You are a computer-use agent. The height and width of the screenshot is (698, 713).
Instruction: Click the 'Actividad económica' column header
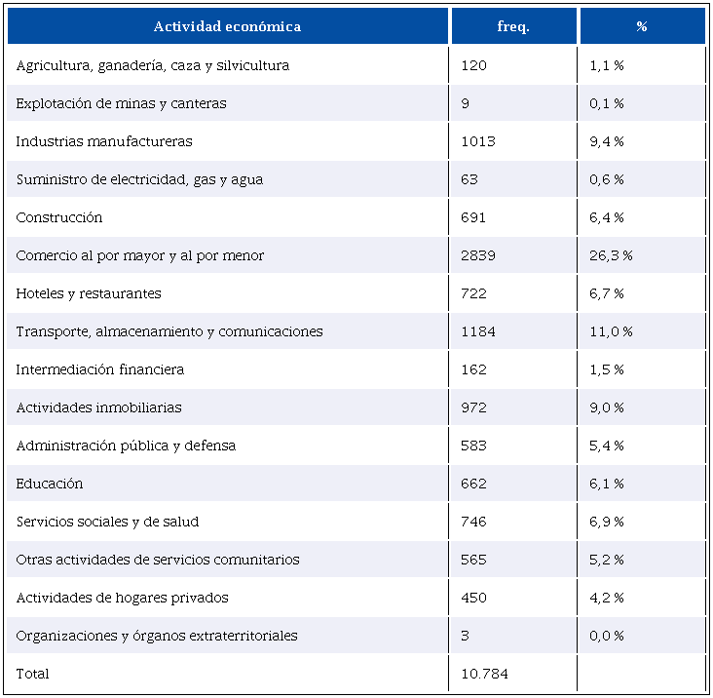(227, 26)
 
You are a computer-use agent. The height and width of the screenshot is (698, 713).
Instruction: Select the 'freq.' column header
(513, 26)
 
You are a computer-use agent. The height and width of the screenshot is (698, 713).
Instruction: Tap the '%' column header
(642, 26)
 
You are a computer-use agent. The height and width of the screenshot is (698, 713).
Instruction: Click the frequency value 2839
(478, 255)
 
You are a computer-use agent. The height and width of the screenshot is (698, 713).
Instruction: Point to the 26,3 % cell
(611, 255)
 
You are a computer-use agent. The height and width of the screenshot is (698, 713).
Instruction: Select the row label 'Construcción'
(59, 217)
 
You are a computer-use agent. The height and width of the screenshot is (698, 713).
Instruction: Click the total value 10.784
(484, 674)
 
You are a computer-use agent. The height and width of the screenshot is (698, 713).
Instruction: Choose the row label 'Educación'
(50, 484)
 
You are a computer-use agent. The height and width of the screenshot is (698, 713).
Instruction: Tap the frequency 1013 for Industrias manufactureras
(478, 141)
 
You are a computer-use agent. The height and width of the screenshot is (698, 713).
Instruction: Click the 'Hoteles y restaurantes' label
(89, 293)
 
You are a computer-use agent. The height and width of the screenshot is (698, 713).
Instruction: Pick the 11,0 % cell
(611, 331)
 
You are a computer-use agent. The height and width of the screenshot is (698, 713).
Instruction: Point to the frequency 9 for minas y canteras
(465, 103)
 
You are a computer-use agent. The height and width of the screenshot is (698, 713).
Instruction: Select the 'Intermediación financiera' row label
(100, 369)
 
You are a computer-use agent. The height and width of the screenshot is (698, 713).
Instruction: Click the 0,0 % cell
(606, 636)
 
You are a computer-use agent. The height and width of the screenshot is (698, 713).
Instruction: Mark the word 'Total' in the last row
(32, 674)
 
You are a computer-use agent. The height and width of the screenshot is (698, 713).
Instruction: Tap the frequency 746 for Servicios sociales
(473, 522)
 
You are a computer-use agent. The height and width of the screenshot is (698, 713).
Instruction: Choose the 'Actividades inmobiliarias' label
(99, 407)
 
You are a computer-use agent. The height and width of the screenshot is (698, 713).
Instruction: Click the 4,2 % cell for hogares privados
(606, 598)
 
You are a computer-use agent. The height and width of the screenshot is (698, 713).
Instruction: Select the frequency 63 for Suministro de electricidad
(469, 179)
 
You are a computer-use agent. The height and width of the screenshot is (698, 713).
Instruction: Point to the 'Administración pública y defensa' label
(126, 446)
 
